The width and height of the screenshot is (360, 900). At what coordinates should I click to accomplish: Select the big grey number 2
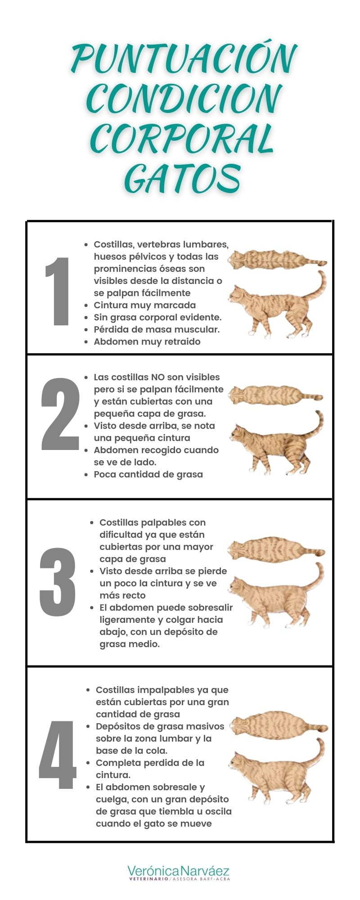pyautogui.click(x=60, y=414)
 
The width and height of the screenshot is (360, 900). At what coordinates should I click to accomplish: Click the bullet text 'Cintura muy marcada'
pyautogui.click(x=144, y=305)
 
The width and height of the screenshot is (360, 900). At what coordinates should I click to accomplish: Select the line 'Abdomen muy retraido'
pyautogui.click(x=147, y=342)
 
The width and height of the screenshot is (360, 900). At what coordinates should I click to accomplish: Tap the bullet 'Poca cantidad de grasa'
pyautogui.click(x=148, y=474)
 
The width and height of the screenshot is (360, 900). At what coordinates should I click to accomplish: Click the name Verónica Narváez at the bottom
pyautogui.click(x=179, y=870)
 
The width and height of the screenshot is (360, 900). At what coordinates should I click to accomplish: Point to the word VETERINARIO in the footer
pyautogui.click(x=148, y=879)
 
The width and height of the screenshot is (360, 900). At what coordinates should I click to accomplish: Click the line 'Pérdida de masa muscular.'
pyautogui.click(x=156, y=329)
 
